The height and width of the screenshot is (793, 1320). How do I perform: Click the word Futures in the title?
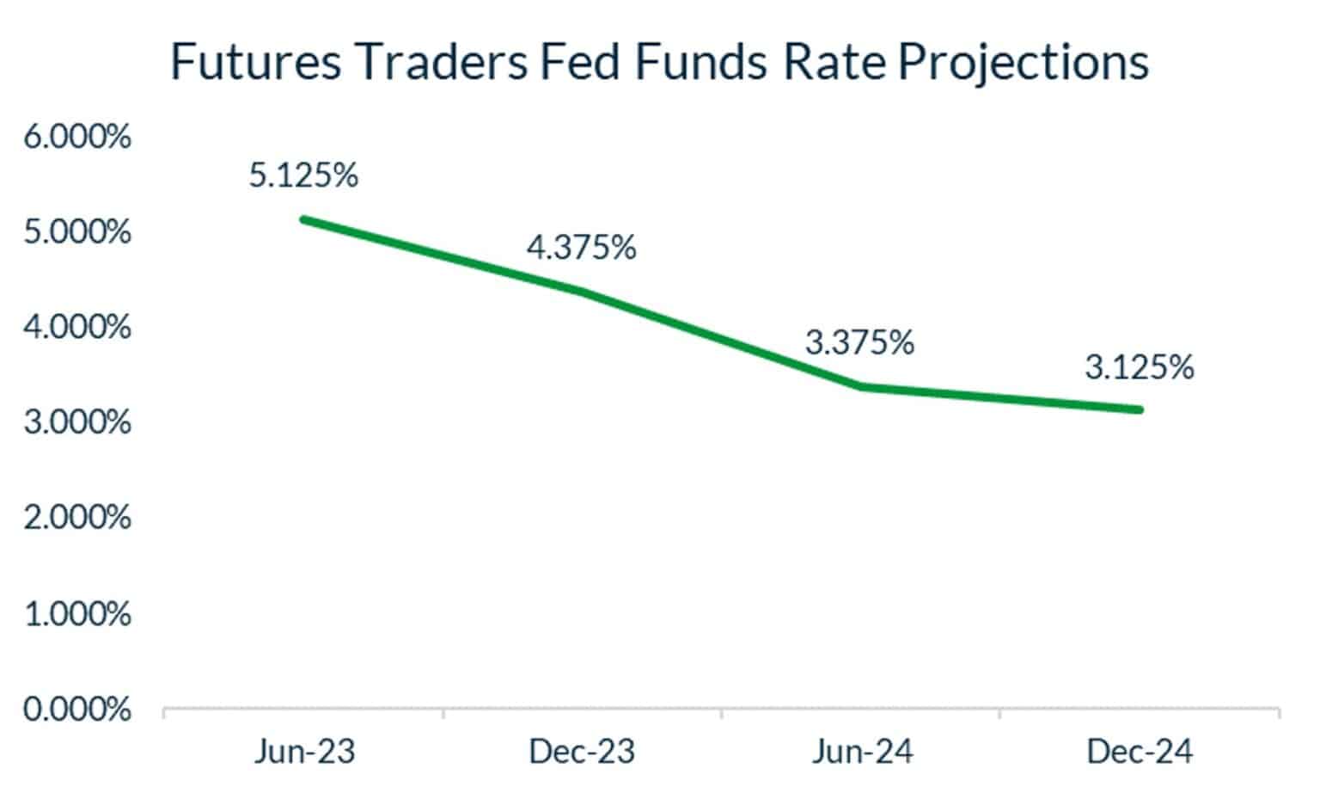tap(255, 62)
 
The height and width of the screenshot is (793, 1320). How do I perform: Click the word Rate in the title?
tap(836, 62)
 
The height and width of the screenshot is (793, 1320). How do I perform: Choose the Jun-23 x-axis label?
tap(304, 752)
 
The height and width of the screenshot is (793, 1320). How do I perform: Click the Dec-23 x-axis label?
tap(582, 752)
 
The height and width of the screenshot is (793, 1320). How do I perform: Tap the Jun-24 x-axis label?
tap(862, 752)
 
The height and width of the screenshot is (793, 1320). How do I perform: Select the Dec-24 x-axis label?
tap(1140, 752)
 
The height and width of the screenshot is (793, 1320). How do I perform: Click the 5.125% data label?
tap(303, 175)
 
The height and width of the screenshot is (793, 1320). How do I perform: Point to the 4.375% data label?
tap(581, 248)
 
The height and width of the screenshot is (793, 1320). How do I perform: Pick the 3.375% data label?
tap(859, 342)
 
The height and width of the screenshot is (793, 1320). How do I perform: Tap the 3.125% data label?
tap(1139, 367)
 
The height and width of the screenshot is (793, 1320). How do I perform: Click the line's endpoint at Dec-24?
tap(1140, 409)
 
